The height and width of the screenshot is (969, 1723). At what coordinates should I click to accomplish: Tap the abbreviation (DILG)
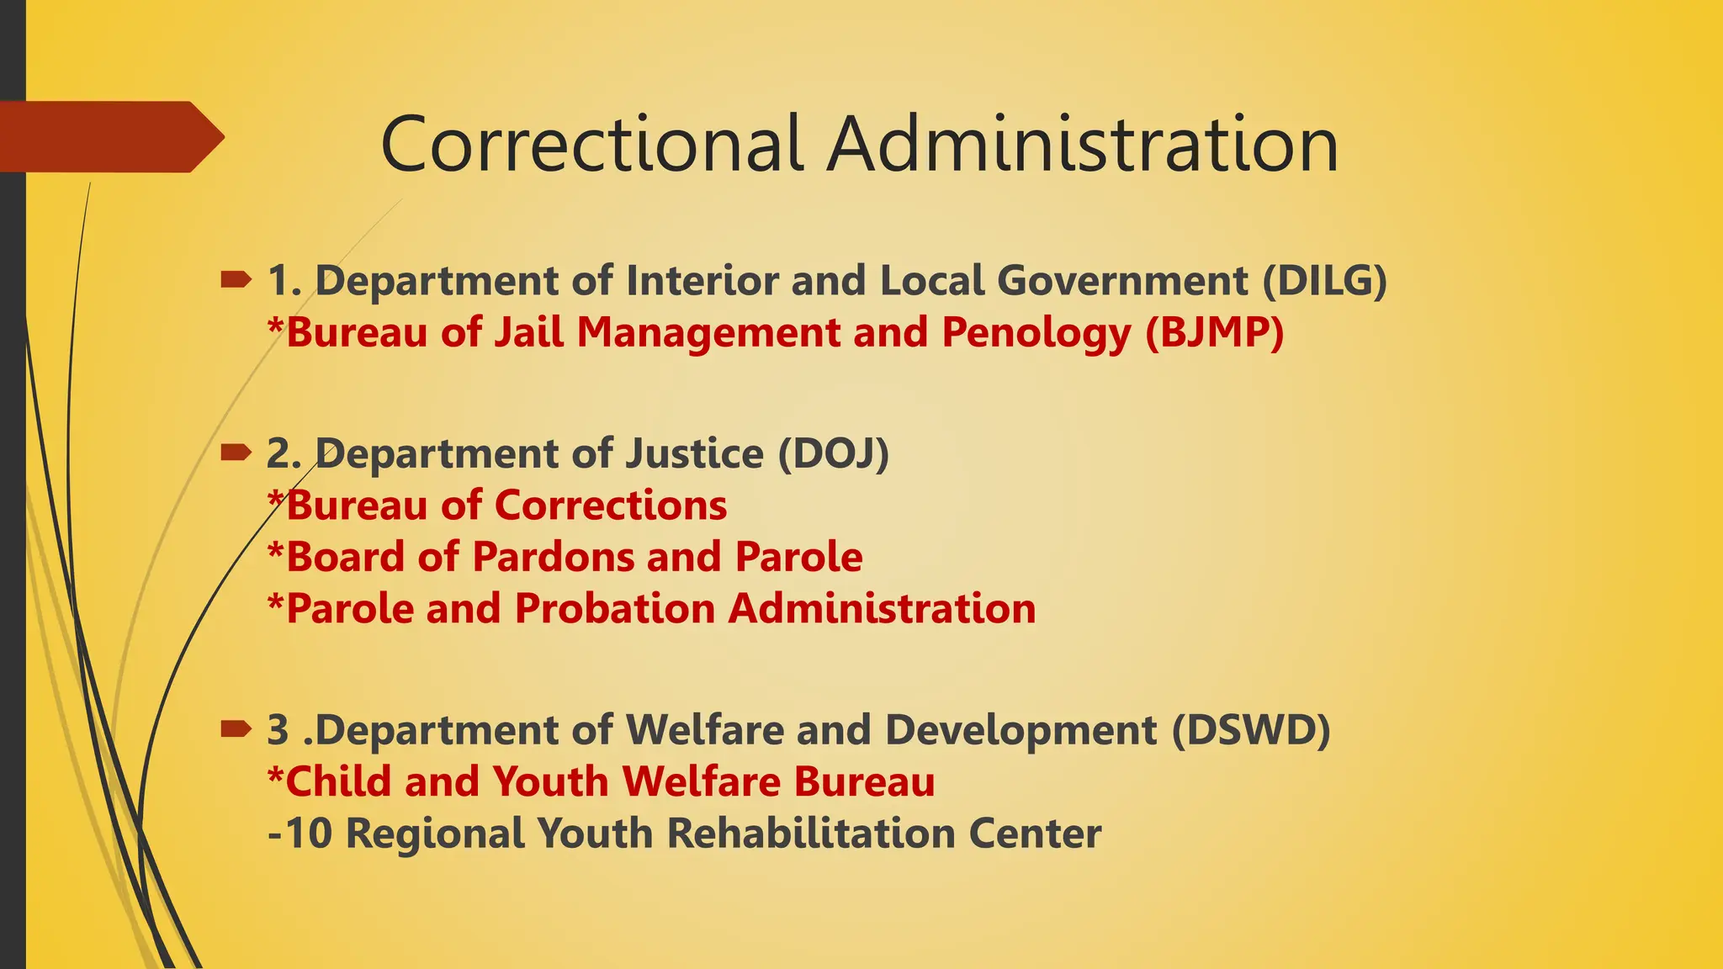tap(1324, 280)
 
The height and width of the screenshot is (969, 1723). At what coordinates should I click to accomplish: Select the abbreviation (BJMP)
tap(1214, 332)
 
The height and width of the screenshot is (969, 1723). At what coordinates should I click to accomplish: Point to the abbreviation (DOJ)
tap(833, 453)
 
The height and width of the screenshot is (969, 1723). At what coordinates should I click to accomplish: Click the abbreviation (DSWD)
tap(1251, 729)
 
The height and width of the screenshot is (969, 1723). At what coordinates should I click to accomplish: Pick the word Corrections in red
tap(611, 506)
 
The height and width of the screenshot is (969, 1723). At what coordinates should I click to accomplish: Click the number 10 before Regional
tap(309, 834)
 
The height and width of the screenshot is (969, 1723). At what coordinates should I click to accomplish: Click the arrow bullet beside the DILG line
tap(236, 279)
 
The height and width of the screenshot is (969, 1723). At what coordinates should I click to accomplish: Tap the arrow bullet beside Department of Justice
tap(236, 453)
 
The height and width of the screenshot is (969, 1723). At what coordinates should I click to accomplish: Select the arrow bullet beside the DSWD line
tap(236, 729)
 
